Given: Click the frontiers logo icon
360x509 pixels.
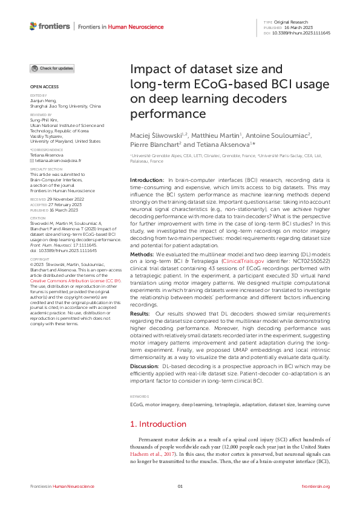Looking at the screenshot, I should (x=33, y=26).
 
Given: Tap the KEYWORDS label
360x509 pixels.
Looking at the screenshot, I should (x=140, y=396).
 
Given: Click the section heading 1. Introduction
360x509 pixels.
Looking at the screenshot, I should (x=159, y=424).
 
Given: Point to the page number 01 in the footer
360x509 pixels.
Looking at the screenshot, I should (x=180, y=486).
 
